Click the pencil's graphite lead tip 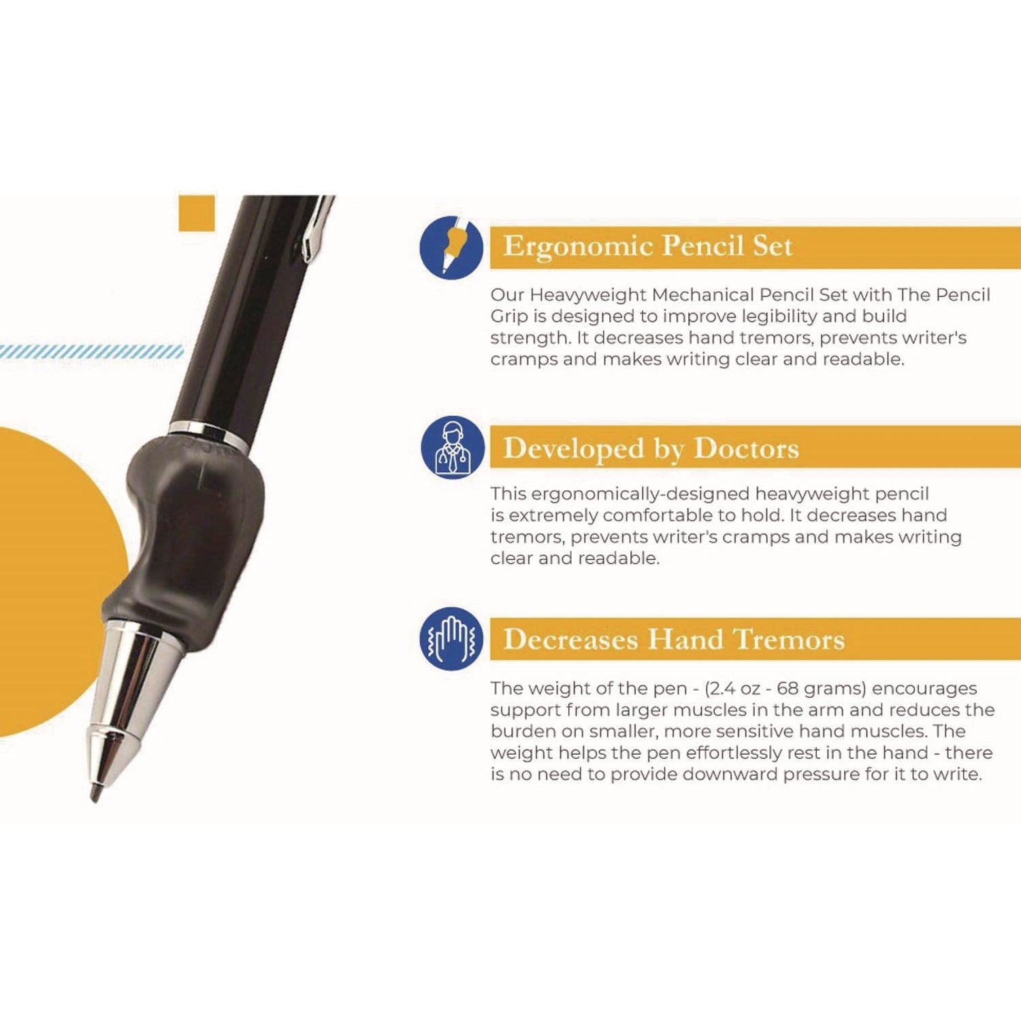tap(95, 794)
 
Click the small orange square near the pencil tap(197, 213)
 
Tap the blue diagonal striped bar tap(92, 352)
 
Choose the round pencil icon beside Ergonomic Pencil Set tap(451, 246)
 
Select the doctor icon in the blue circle tap(452, 448)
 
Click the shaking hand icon tap(451, 639)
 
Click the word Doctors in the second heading tap(746, 449)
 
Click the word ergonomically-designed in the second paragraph tap(640, 493)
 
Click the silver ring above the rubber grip tap(208, 434)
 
